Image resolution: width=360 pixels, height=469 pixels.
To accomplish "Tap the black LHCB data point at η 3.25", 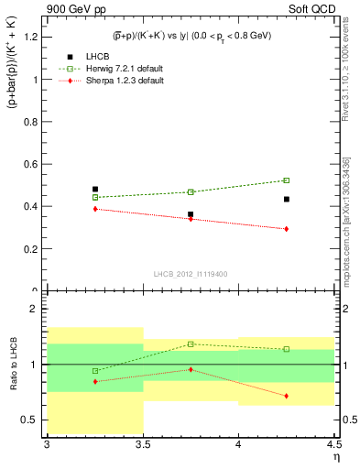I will (94, 190).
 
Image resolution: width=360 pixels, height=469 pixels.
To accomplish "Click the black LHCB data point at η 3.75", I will (191, 214).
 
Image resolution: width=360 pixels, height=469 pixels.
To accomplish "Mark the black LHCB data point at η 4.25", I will (287, 199).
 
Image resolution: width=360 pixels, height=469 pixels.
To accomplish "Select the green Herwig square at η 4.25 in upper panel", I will (287, 180).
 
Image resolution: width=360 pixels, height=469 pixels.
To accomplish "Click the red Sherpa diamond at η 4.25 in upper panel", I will (287, 229).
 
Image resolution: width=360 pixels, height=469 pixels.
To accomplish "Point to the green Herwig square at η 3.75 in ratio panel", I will (191, 344).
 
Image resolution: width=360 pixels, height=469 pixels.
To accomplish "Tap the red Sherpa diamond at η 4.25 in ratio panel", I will (287, 396).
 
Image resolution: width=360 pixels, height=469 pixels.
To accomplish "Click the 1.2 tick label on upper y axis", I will (31, 37).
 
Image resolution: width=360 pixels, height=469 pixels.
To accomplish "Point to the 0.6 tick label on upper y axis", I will (31, 164).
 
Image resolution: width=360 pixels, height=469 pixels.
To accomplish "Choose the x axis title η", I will (335, 458).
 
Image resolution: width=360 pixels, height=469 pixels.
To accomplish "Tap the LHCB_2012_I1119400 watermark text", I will (191, 274).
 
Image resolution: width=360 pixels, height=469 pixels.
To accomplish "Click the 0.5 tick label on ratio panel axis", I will (31, 420).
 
